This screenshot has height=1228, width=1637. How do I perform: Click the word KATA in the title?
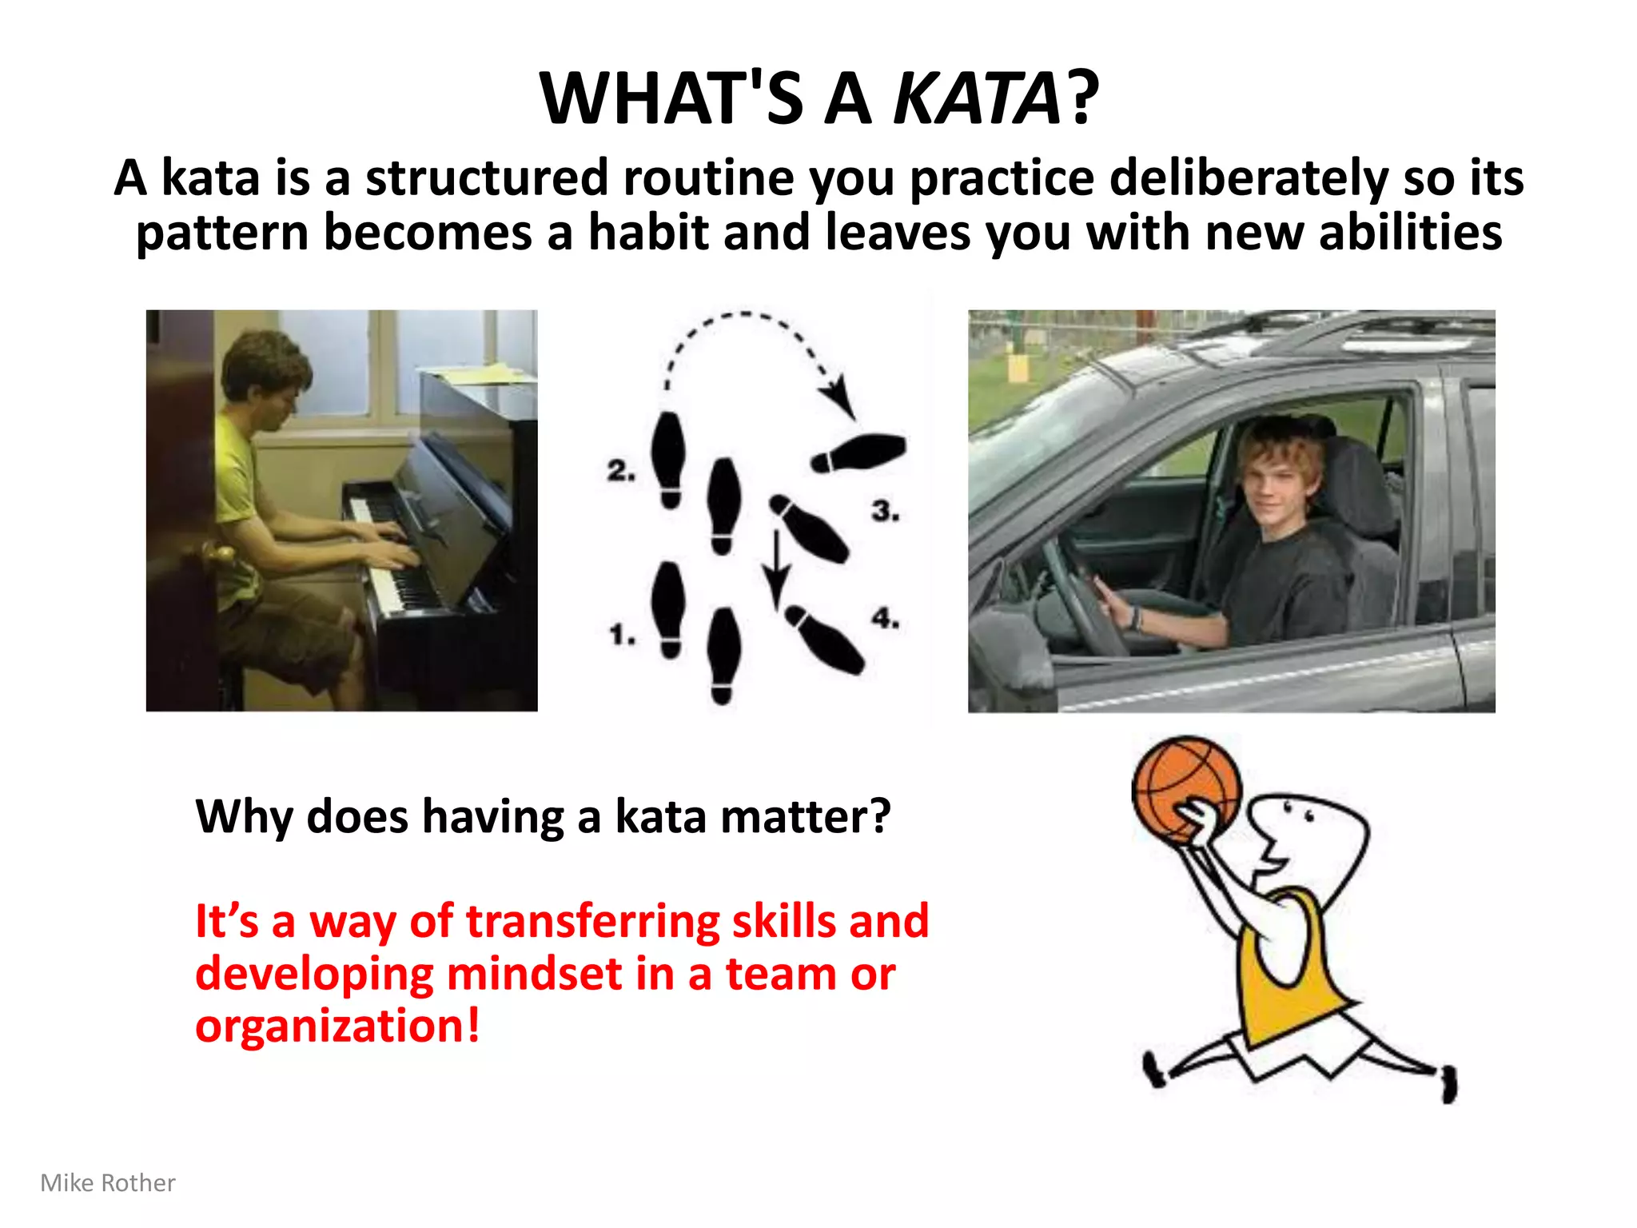coord(977,99)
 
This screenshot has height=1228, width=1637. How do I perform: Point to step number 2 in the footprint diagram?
coord(620,471)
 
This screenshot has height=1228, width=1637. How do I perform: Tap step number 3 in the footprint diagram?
coord(885,511)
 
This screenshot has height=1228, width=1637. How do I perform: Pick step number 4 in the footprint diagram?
coord(885,618)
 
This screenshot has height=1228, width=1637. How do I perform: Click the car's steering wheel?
coord(1079,592)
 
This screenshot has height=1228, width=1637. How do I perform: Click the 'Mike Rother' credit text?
coord(108,1183)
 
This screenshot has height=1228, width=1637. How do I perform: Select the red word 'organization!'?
coord(337,1026)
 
